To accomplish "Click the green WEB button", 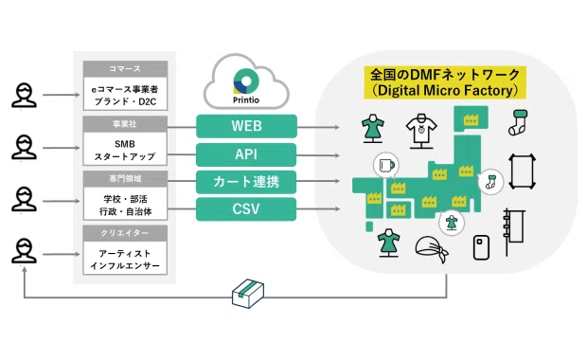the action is pyautogui.click(x=246, y=126).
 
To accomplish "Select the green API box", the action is pyautogui.click(x=246, y=154).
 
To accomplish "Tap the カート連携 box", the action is pyautogui.click(x=246, y=182).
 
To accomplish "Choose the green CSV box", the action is pyautogui.click(x=246, y=209).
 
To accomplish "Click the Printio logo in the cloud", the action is pyautogui.click(x=246, y=85).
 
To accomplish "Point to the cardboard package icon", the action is pyautogui.click(x=248, y=294).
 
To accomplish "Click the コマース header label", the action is pyautogui.click(x=125, y=69).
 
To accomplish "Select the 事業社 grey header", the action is pyautogui.click(x=125, y=124).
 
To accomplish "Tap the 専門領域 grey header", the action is pyautogui.click(x=125, y=179).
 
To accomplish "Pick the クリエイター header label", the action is pyautogui.click(x=125, y=233).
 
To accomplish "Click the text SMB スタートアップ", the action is pyautogui.click(x=125, y=150).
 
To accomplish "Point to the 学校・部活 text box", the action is pyautogui.click(x=125, y=205).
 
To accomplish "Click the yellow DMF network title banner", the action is pyautogui.click(x=445, y=82).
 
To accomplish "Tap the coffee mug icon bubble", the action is pyautogui.click(x=386, y=165).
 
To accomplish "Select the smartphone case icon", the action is pyautogui.click(x=481, y=247).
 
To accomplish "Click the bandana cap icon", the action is pyautogui.click(x=432, y=248).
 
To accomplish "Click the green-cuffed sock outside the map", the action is pyautogui.click(x=519, y=122).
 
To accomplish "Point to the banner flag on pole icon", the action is pyautogui.click(x=513, y=232).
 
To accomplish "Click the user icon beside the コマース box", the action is pyautogui.click(x=24, y=95).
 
